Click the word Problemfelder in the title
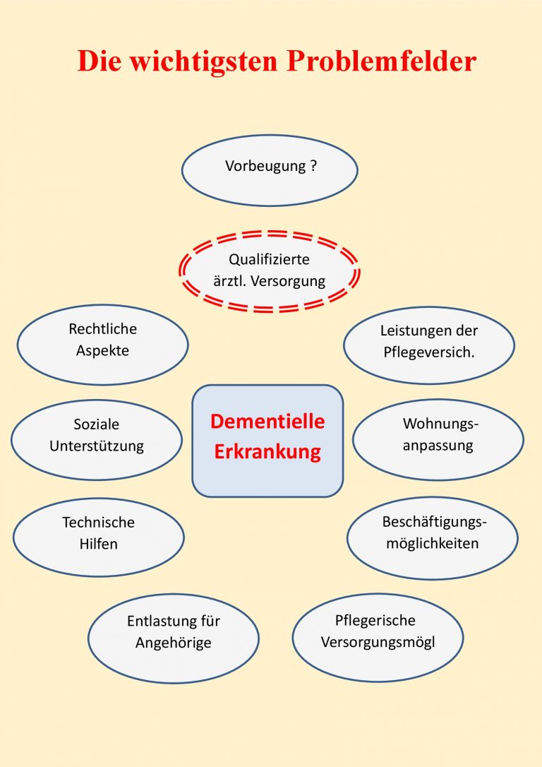tap(382, 61)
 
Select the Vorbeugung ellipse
tap(270, 170)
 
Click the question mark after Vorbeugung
tap(313, 165)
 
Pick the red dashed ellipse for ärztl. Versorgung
tap(270, 271)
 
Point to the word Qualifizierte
tap(270, 259)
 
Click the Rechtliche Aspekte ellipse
tap(102, 345)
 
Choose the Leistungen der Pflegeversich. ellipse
tap(429, 345)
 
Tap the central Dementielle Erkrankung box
tap(267, 441)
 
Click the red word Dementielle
tap(267, 421)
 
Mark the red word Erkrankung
tap(267, 451)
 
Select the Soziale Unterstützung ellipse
tap(97, 440)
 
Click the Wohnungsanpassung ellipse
tap(438, 440)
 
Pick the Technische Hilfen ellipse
tap(99, 537)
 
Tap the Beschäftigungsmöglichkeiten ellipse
tap(433, 538)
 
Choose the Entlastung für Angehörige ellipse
tap(174, 638)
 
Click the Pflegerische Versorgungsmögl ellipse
tap(378, 637)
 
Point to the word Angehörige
tap(174, 643)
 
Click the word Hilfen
tap(99, 544)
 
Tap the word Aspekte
tap(102, 351)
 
